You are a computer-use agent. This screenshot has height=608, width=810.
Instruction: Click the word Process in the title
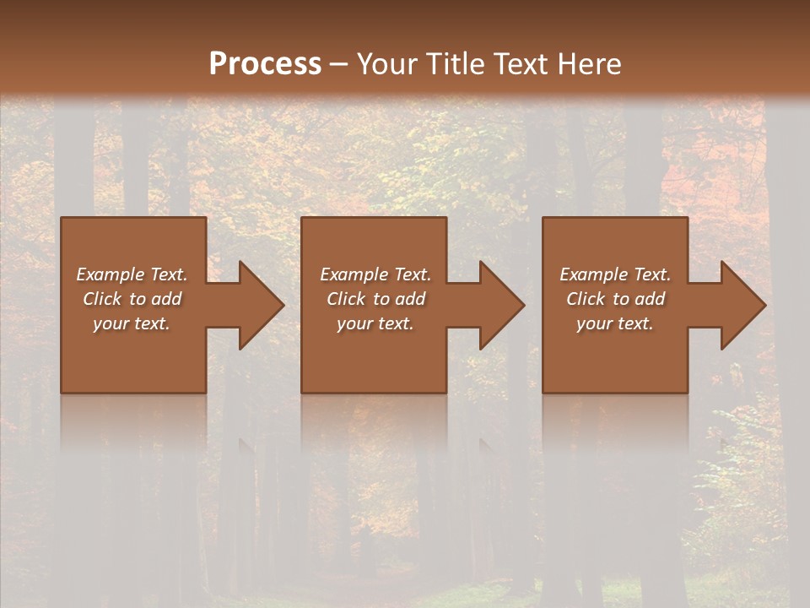[x=265, y=63]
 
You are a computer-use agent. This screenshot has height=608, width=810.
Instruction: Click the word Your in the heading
[x=388, y=63]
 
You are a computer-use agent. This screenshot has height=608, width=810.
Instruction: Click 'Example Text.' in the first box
[x=132, y=274]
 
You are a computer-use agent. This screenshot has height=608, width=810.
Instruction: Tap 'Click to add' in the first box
[x=132, y=299]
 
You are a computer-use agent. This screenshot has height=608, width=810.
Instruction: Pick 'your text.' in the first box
[x=132, y=323]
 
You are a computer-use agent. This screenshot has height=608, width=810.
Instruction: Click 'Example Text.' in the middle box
[x=375, y=274]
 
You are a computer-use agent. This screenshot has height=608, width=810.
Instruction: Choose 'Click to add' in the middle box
[x=375, y=299]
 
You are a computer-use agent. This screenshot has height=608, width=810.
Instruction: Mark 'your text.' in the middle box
[x=375, y=323]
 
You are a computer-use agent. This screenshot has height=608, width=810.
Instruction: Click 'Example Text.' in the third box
[x=615, y=274]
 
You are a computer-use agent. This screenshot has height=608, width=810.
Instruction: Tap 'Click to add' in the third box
[x=615, y=299]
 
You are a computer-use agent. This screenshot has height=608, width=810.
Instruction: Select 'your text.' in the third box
[x=615, y=323]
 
